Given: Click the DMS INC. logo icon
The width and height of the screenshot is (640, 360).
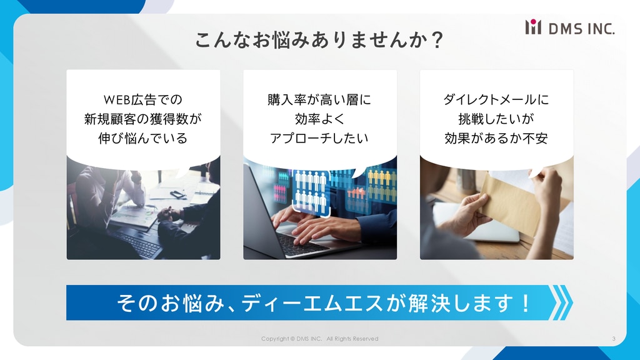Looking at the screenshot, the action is tap(533, 27).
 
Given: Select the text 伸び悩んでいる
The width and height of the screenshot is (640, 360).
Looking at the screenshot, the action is tap(143, 138).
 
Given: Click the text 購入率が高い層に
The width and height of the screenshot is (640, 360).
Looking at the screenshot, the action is tap(319, 99).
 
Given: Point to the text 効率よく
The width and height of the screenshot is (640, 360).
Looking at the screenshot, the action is tap(319, 119).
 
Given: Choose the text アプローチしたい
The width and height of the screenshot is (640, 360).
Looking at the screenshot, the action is tap(319, 138).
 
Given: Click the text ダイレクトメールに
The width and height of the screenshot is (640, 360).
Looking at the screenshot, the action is tap(496, 99).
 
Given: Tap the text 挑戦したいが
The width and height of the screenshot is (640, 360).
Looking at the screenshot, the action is tap(496, 119).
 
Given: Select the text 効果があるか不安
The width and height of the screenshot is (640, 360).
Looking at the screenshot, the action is tap(496, 138).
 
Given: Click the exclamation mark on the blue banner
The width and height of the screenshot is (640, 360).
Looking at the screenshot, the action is tap(526, 303).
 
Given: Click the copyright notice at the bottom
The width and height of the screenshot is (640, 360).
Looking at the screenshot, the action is tap(319, 339).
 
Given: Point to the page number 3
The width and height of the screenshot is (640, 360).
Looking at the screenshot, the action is tap(614, 339).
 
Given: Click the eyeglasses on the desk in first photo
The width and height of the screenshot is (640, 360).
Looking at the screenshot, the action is tap(178, 194).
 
